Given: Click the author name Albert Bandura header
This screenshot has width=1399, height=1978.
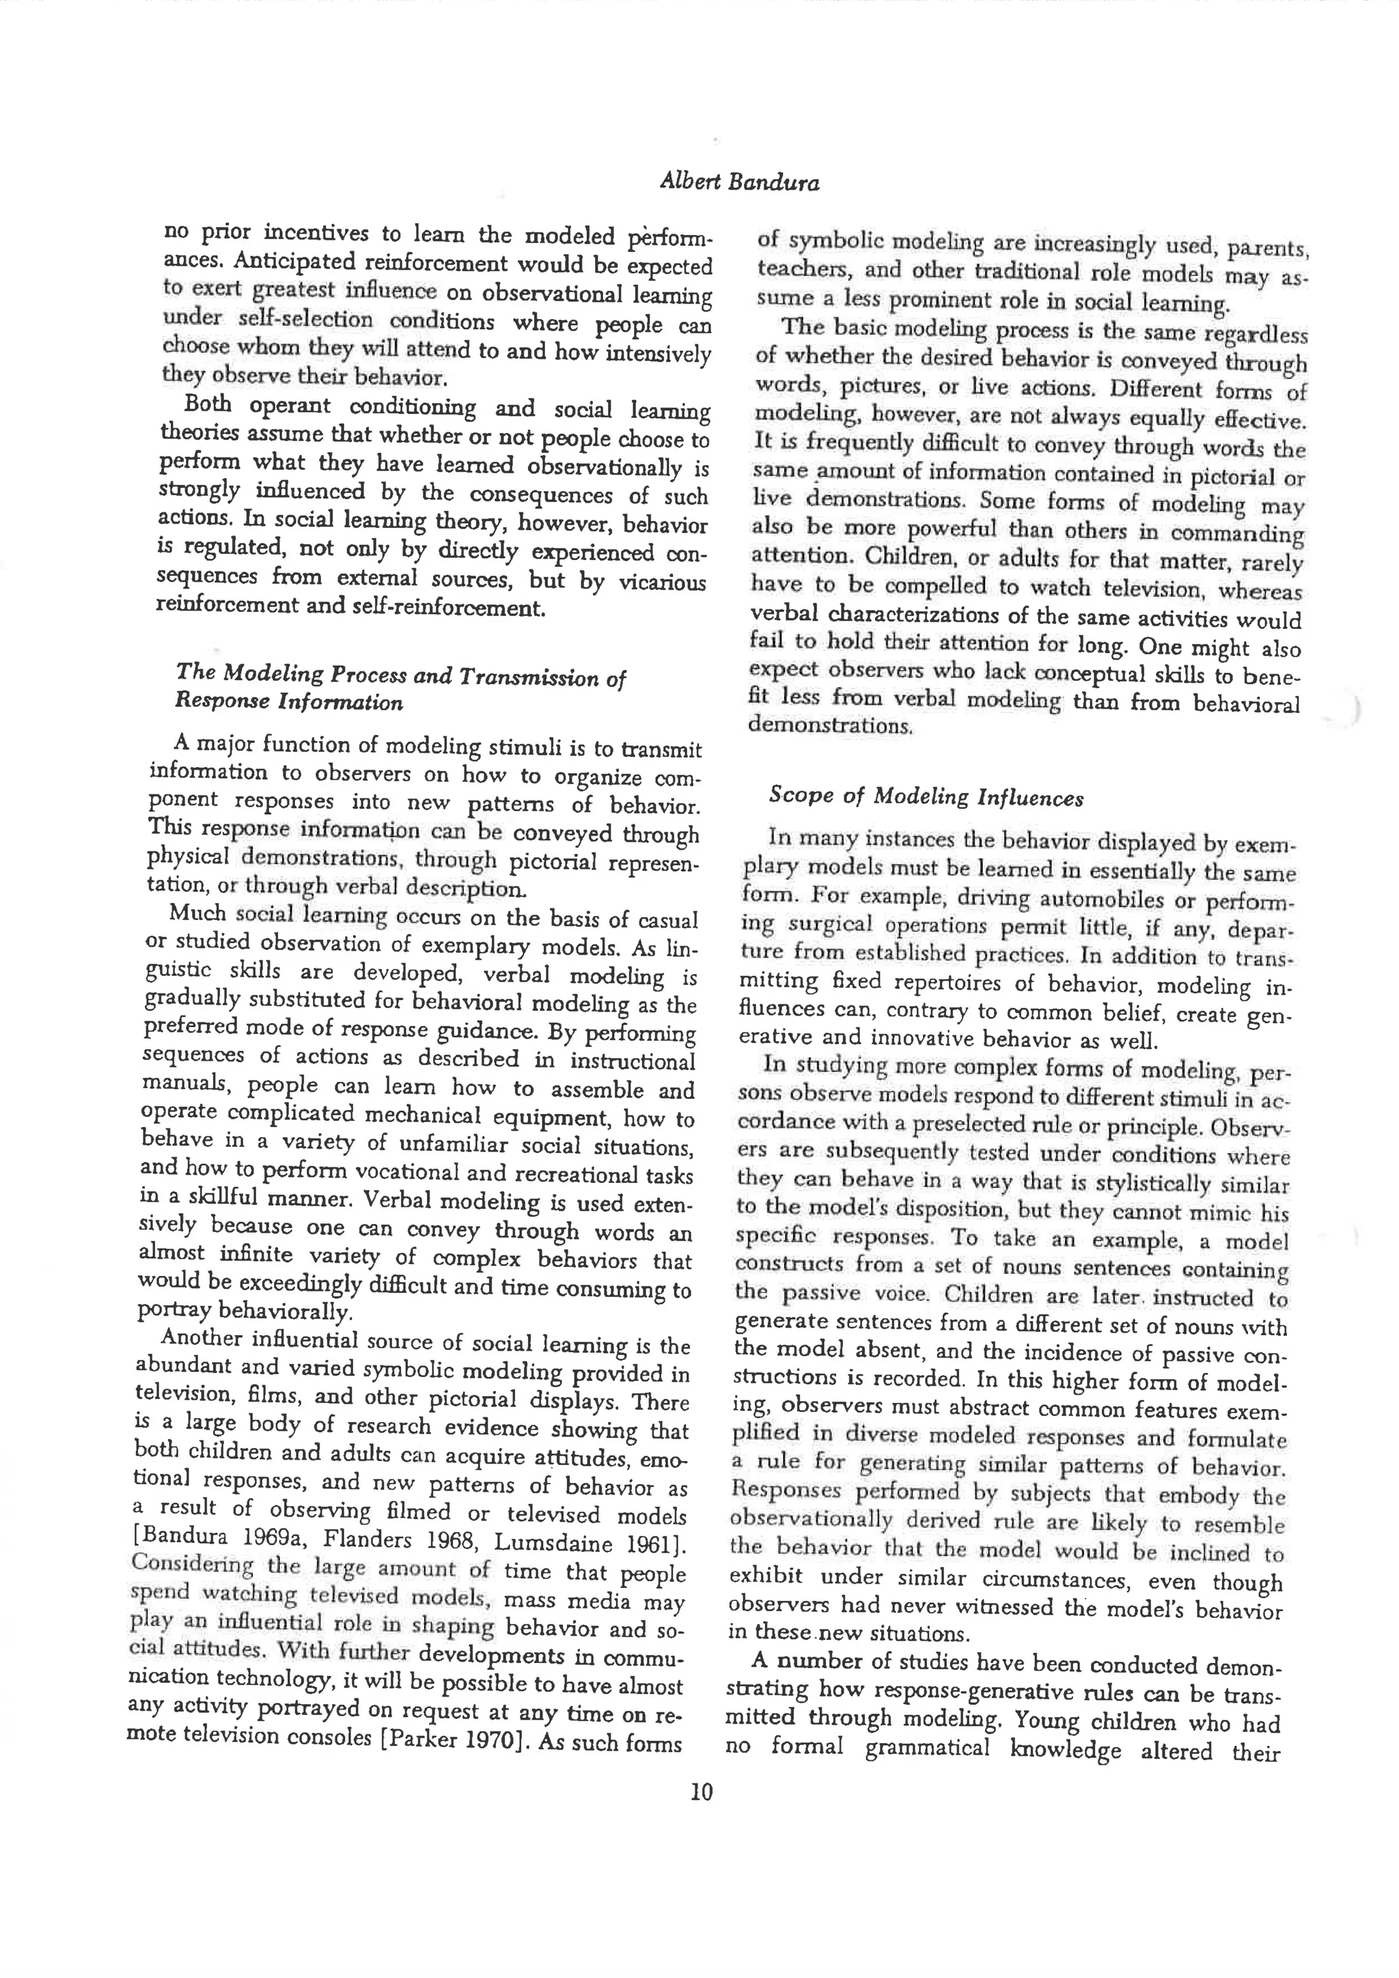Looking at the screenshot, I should pyautogui.click(x=739, y=182).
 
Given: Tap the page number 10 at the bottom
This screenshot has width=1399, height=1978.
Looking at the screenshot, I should pyautogui.click(x=702, y=1793).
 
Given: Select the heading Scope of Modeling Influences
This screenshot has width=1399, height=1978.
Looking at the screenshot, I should pyautogui.click(x=926, y=796).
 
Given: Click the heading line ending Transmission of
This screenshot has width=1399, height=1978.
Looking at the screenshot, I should pyautogui.click(x=400, y=675).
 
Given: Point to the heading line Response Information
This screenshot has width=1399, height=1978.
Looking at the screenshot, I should pyautogui.click(x=288, y=702).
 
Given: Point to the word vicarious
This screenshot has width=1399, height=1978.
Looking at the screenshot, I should pyautogui.click(x=662, y=583).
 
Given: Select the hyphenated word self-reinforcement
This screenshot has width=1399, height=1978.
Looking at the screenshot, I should pyautogui.click(x=448, y=608).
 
